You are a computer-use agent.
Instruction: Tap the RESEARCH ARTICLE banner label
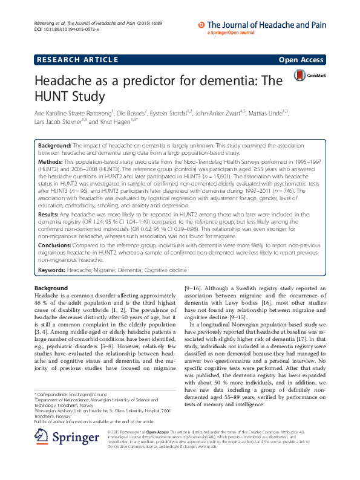76,60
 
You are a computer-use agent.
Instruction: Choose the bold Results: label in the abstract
49,214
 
